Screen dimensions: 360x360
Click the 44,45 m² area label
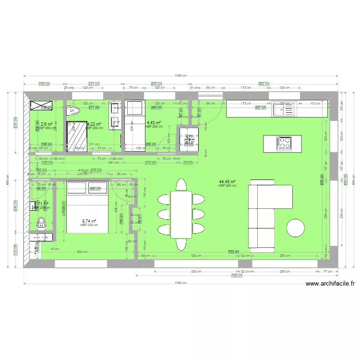coord(227,182)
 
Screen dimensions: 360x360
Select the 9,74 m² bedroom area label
coord(89,221)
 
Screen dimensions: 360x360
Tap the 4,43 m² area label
coord(154,123)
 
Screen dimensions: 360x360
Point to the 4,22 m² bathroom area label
coord(95,124)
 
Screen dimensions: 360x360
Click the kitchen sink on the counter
coord(285,110)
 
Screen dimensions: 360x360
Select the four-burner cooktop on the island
coord(284,143)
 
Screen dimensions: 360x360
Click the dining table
coord(181,215)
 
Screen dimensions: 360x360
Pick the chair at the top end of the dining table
coord(181,185)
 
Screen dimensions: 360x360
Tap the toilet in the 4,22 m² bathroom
coord(72,111)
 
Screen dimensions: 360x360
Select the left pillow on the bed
coord(76,188)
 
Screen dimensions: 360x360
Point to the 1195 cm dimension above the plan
coord(180,75)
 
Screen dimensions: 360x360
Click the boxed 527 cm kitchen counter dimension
coord(260,108)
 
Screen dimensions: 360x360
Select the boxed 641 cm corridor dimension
coord(113,162)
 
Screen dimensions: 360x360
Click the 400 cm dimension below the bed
coord(82,252)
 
